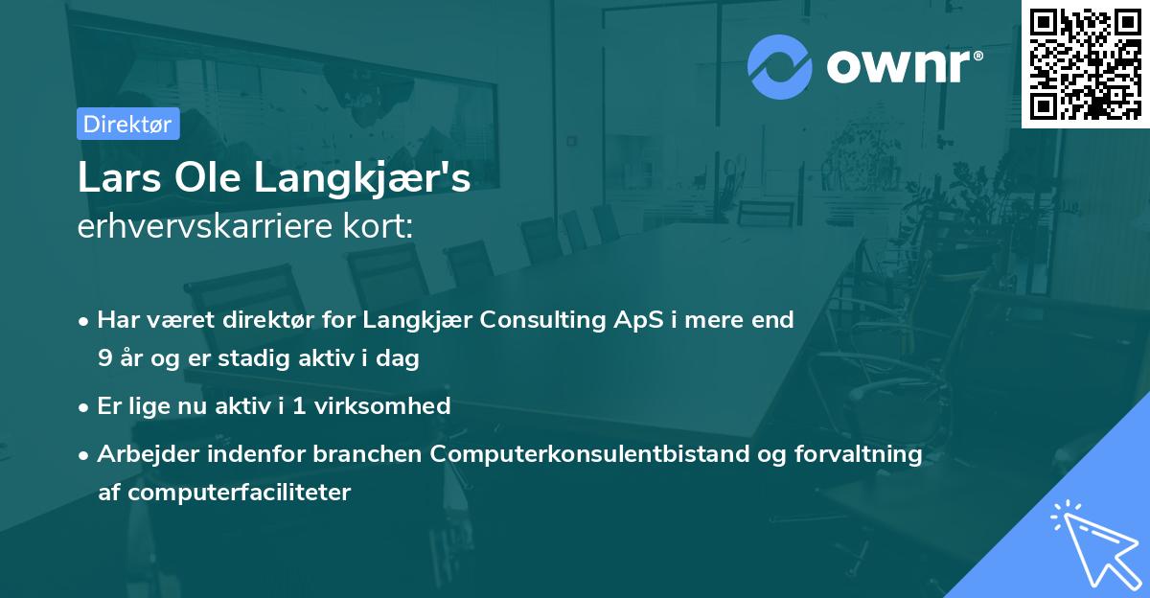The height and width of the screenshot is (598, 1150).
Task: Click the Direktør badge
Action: click(127, 124)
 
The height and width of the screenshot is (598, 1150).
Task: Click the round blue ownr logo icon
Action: click(780, 66)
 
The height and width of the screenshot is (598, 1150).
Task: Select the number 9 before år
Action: click(103, 359)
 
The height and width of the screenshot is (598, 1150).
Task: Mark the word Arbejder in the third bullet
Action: click(145, 454)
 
